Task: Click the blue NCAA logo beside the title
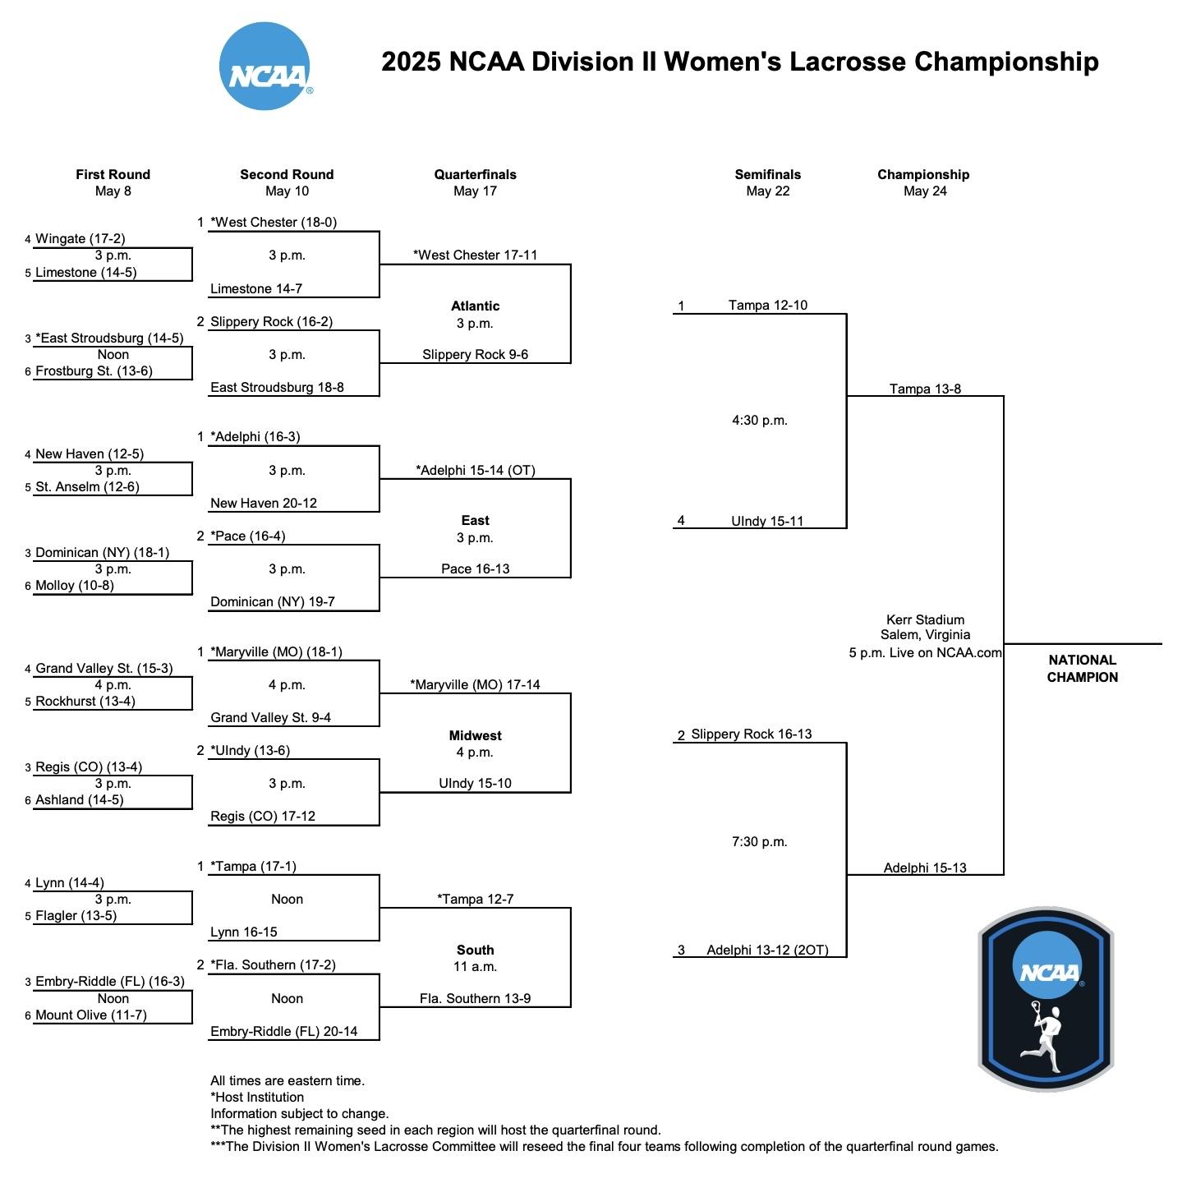pyautogui.click(x=265, y=67)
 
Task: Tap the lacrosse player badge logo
pyautogui.click(x=1046, y=999)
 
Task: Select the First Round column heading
pyautogui.click(x=113, y=174)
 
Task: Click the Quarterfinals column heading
pyautogui.click(x=475, y=174)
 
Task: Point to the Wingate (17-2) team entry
pyautogui.click(x=80, y=239)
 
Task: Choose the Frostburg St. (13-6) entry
pyautogui.click(x=93, y=371)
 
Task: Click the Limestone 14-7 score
pyautogui.click(x=256, y=289)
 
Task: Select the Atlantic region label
pyautogui.click(x=475, y=306)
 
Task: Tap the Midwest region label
pyautogui.click(x=475, y=736)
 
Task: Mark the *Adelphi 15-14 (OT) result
pyautogui.click(x=475, y=471)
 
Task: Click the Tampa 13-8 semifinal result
pyautogui.click(x=925, y=389)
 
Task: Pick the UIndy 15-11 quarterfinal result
pyautogui.click(x=767, y=522)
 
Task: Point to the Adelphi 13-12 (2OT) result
pyautogui.click(x=767, y=951)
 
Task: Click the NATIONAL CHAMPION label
pyautogui.click(x=1082, y=669)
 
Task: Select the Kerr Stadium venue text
pyautogui.click(x=925, y=620)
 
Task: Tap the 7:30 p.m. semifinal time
pyautogui.click(x=759, y=842)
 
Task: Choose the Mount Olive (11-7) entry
pyautogui.click(x=90, y=1015)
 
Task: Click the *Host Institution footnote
pyautogui.click(x=257, y=1098)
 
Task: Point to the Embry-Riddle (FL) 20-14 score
pyautogui.click(x=283, y=1032)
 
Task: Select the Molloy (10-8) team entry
pyautogui.click(x=74, y=586)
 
